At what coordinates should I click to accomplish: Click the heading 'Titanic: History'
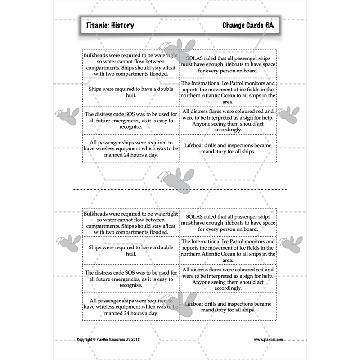click(110, 26)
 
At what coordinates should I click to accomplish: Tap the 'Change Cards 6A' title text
click(247, 26)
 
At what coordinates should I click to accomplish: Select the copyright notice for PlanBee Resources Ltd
click(108, 339)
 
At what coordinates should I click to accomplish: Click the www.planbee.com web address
click(268, 339)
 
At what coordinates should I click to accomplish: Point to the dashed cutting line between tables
click(180, 189)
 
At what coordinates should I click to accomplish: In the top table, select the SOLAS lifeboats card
click(228, 64)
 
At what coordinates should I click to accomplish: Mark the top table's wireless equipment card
click(131, 148)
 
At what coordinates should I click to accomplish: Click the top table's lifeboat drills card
click(228, 148)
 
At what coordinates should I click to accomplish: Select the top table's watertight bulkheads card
click(131, 64)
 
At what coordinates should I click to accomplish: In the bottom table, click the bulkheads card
click(131, 222)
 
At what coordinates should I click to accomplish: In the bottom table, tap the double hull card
click(131, 251)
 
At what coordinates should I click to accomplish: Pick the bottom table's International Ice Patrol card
click(228, 251)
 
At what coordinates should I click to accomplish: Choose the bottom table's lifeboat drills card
click(228, 307)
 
